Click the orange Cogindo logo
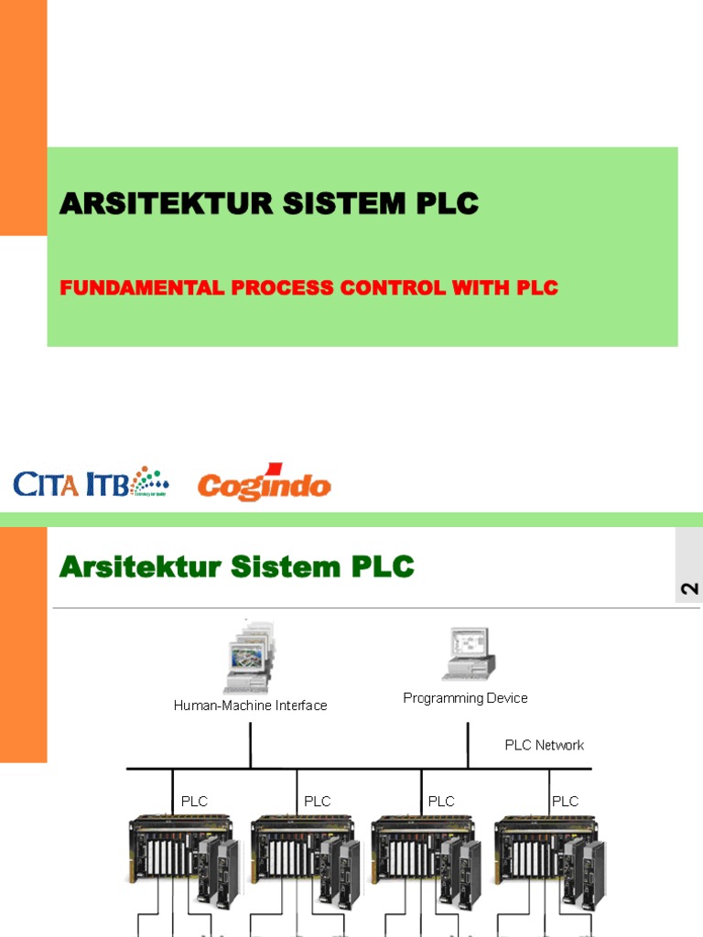[264, 485]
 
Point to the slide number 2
[689, 588]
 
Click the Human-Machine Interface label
[250, 705]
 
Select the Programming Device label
[465, 698]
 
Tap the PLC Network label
[544, 745]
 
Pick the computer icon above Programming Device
[468, 654]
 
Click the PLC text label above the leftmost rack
[194, 802]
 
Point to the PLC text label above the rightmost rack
[565, 802]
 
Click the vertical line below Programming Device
[468, 743]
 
